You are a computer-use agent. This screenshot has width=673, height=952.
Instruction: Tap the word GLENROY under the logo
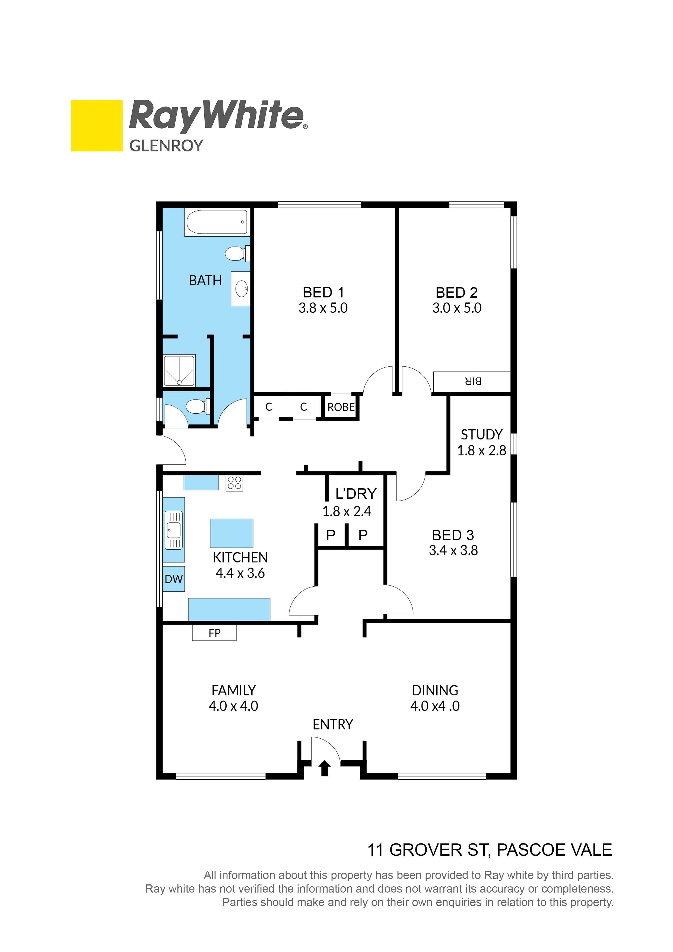tap(166, 146)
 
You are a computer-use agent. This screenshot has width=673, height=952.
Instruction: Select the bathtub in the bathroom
tap(217, 222)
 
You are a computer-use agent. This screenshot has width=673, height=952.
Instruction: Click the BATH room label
tap(205, 281)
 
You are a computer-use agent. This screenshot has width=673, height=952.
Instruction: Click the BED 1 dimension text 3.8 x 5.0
tap(323, 308)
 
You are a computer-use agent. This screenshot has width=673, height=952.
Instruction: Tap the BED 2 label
tap(456, 293)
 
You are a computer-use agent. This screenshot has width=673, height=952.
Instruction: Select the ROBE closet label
tap(341, 407)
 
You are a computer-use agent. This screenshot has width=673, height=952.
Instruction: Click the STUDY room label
tap(481, 434)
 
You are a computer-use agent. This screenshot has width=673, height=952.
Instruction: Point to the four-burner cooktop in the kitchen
tap(234, 483)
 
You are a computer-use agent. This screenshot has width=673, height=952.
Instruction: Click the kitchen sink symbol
tap(174, 529)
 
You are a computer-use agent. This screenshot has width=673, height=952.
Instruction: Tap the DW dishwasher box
tap(174, 579)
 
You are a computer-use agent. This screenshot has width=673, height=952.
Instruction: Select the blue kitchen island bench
tap(231, 533)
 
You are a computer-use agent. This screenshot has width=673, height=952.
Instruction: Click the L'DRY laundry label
tap(356, 494)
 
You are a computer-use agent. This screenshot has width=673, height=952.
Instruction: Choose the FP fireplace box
tap(214, 633)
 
